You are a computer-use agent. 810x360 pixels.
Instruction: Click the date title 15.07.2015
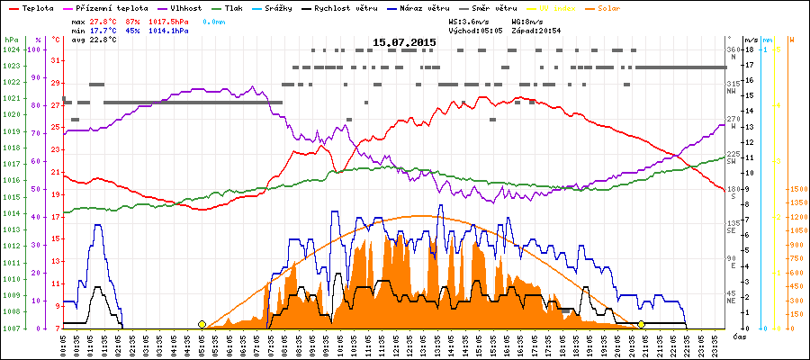pos(406,42)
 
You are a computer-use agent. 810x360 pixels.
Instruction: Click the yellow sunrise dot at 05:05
pos(202,324)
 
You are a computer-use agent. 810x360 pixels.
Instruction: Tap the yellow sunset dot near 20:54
pos(641,324)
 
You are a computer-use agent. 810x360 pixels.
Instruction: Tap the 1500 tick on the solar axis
pos(796,189)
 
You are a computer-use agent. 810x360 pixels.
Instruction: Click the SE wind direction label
pos(733,229)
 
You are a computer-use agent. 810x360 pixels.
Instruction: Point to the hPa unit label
pos(10,40)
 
